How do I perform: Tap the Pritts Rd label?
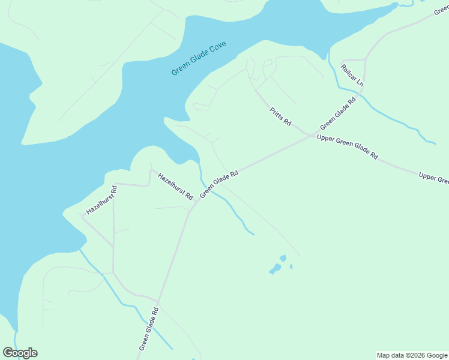[280, 116]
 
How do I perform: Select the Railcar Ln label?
[352, 74]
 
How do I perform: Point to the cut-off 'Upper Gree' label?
[433, 178]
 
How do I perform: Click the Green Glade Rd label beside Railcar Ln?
[338, 113]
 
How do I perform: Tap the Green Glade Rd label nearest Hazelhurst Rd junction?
[220, 184]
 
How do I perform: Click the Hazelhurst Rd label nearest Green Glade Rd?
[175, 186]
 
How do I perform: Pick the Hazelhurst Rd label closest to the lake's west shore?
[101, 200]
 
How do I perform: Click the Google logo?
[20, 353]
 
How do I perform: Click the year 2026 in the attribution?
[420, 355]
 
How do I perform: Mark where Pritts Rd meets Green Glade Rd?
[310, 134]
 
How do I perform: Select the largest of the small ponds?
[276, 268]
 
